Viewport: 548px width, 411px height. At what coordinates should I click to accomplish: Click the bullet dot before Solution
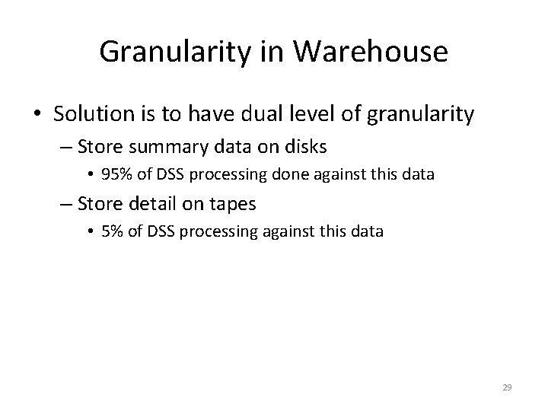click(x=38, y=116)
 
